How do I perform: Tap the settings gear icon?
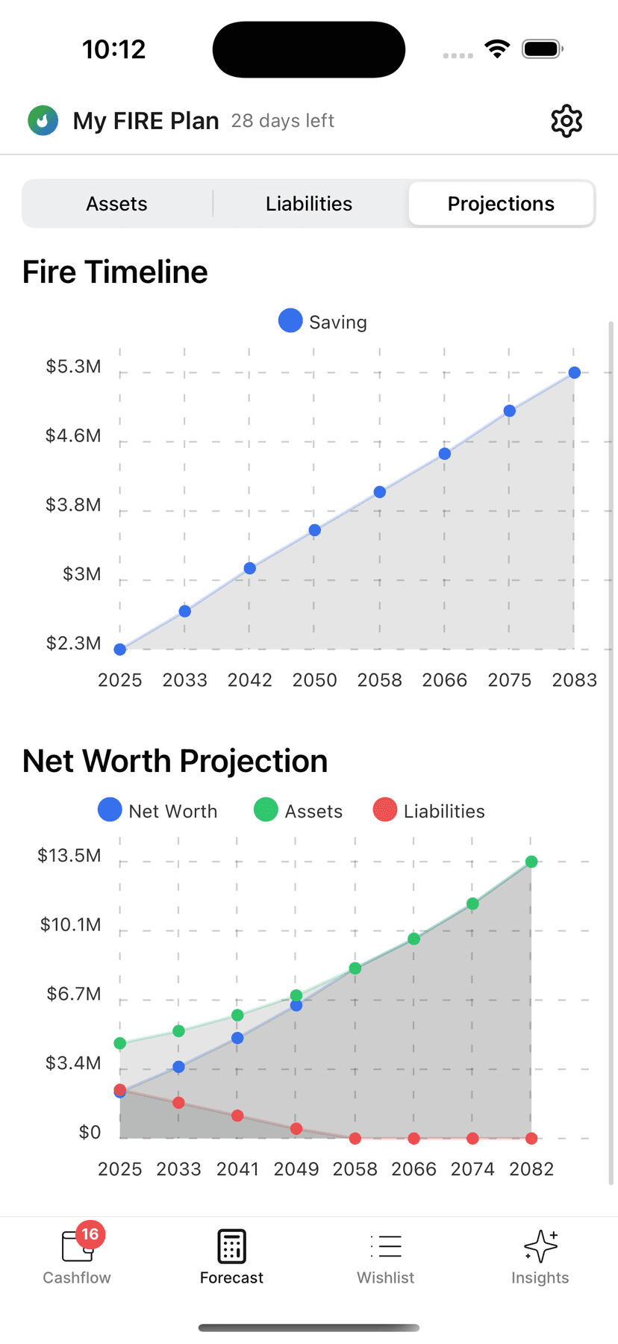566,121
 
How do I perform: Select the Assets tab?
116,204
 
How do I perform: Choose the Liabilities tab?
309,204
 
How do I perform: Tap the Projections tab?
501,204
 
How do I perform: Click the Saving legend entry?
322,322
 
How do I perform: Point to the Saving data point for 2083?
574,373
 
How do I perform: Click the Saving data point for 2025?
120,650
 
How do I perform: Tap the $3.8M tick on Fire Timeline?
73,505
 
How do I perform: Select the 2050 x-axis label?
314,680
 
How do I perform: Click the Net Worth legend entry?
157,811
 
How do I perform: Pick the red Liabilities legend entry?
428,811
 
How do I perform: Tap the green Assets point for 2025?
120,1043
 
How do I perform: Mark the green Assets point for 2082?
531,862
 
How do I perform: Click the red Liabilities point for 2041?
237,1116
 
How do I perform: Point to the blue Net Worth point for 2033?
178,1067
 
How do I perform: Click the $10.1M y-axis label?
70,925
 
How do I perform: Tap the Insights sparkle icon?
540,1246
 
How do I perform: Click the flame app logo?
43,120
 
